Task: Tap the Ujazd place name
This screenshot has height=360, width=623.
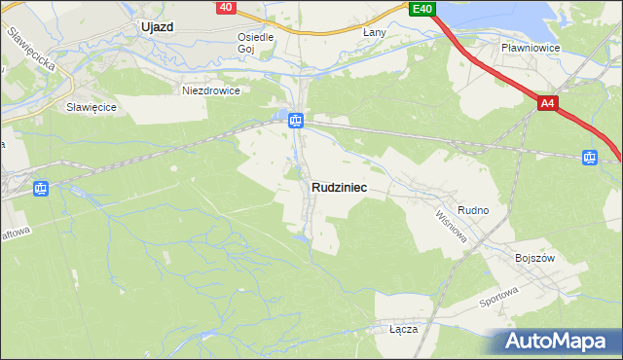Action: coord(156,27)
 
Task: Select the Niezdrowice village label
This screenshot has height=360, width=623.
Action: coord(211,90)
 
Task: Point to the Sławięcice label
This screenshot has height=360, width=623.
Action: coord(92,107)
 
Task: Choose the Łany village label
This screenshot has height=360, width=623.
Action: coord(375,32)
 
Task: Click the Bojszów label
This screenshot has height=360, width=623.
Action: coord(533,258)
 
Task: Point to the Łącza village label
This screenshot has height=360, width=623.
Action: coord(403,329)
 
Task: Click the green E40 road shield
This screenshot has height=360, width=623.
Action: coord(422,9)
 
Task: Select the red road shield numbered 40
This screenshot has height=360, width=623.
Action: coord(226,7)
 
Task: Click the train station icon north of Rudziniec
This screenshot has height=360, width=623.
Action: coord(296,121)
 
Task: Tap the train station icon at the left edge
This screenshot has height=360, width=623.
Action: coord(40,189)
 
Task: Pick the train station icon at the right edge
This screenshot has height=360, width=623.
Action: coord(589,157)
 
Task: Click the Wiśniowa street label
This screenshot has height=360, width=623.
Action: coord(452,226)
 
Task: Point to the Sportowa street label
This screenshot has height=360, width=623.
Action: coord(500,297)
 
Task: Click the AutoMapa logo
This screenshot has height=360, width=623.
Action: coord(558,342)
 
